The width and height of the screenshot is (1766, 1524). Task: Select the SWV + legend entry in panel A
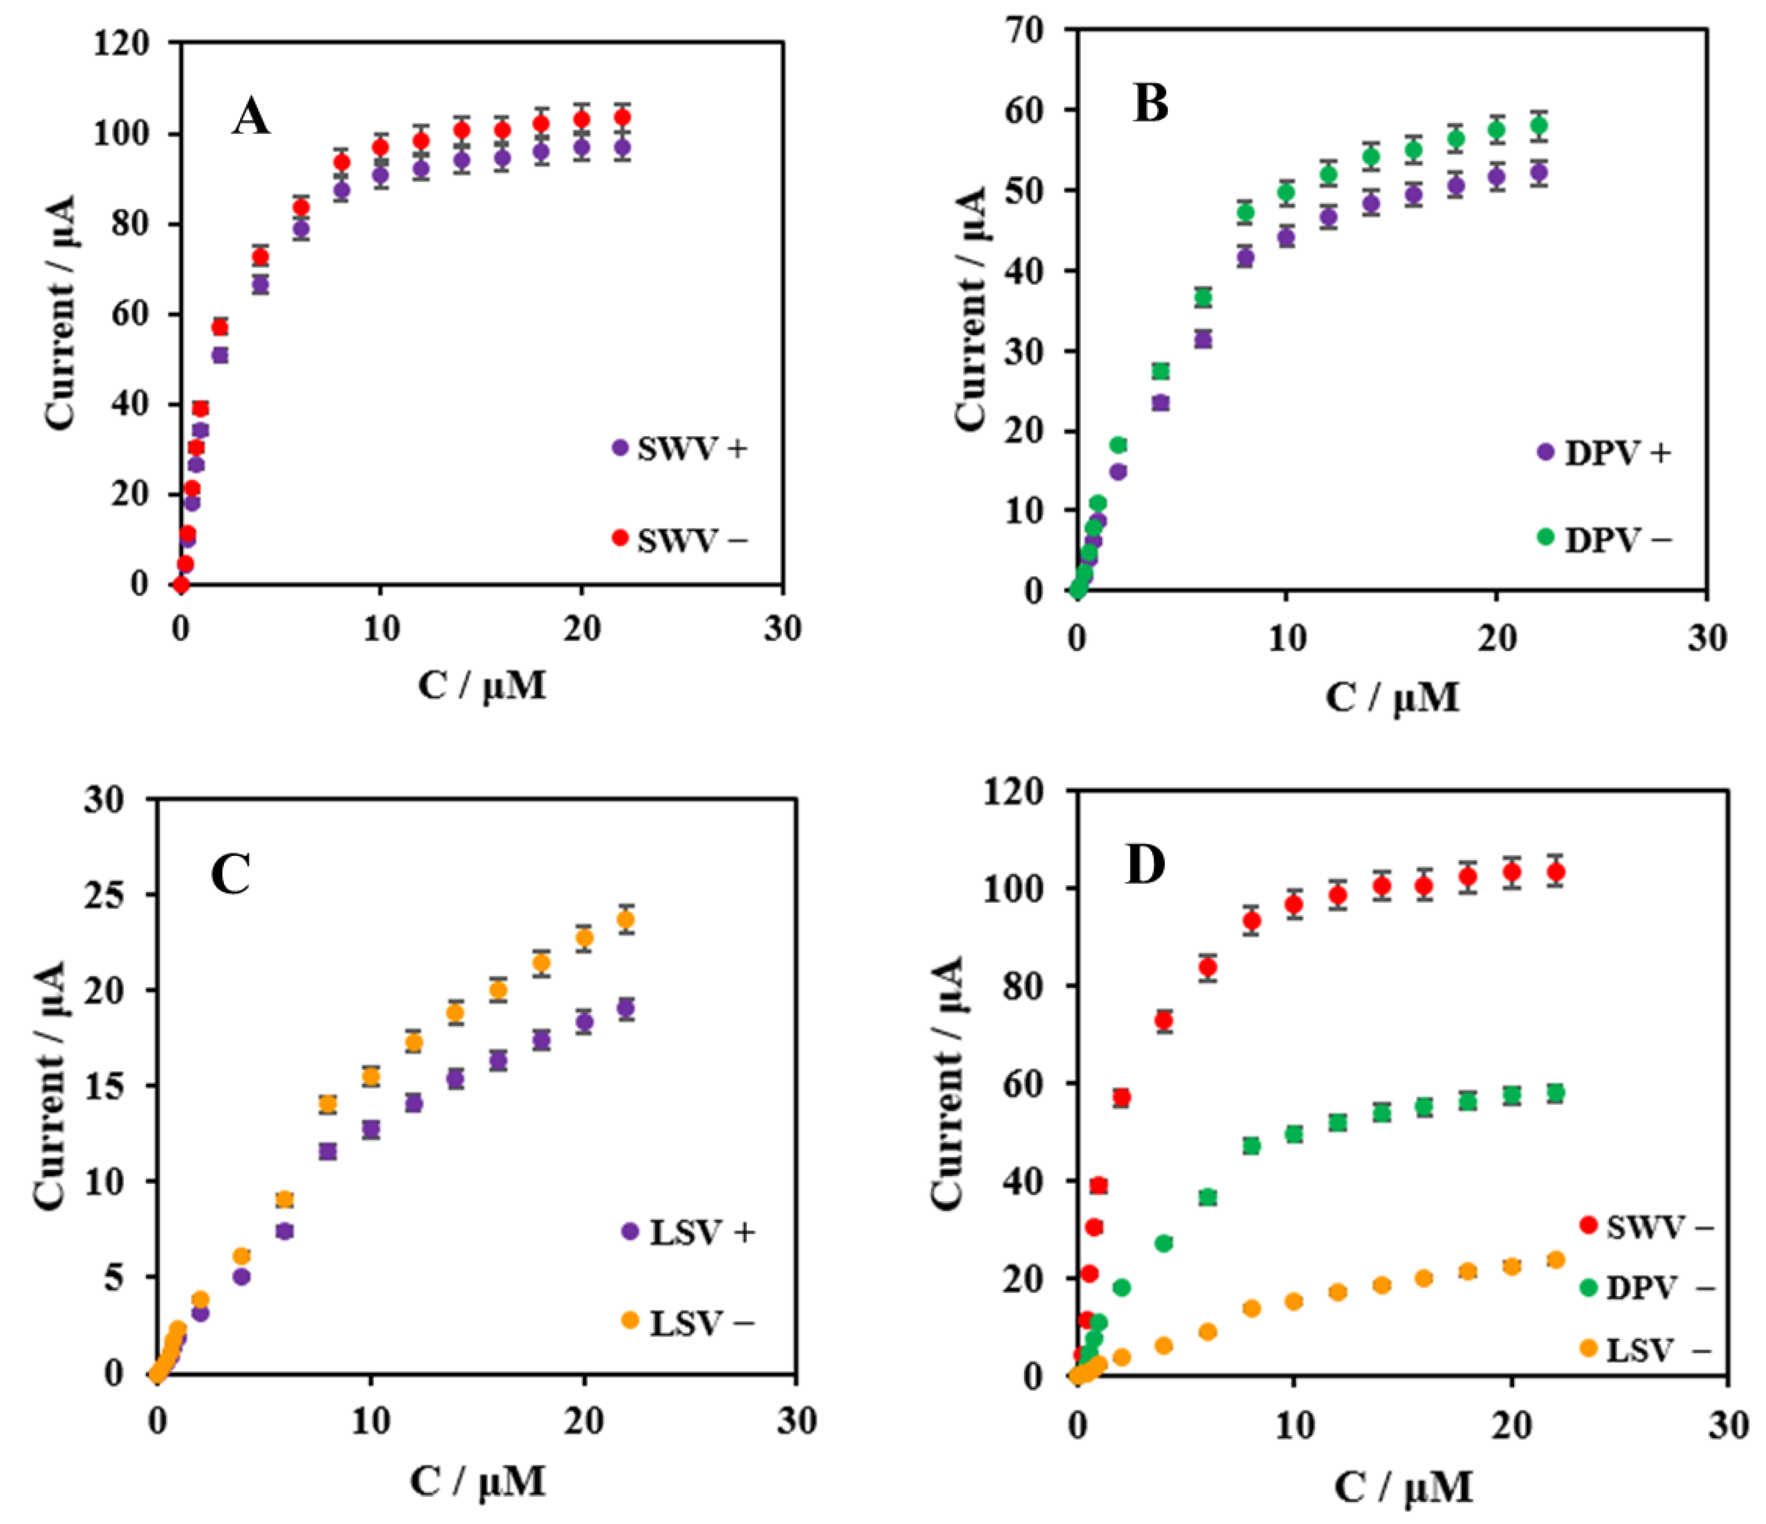tap(680, 448)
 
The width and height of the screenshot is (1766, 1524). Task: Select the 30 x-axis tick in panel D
tap(1728, 1425)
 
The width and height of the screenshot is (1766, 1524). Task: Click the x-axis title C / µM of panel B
tap(1391, 697)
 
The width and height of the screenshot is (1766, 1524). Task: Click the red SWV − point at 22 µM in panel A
tap(622, 117)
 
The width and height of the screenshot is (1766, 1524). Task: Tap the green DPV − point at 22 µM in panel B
tap(1538, 126)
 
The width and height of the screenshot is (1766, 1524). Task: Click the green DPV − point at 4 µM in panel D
tap(1163, 1243)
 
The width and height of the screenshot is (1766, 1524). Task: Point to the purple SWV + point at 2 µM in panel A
tap(220, 355)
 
